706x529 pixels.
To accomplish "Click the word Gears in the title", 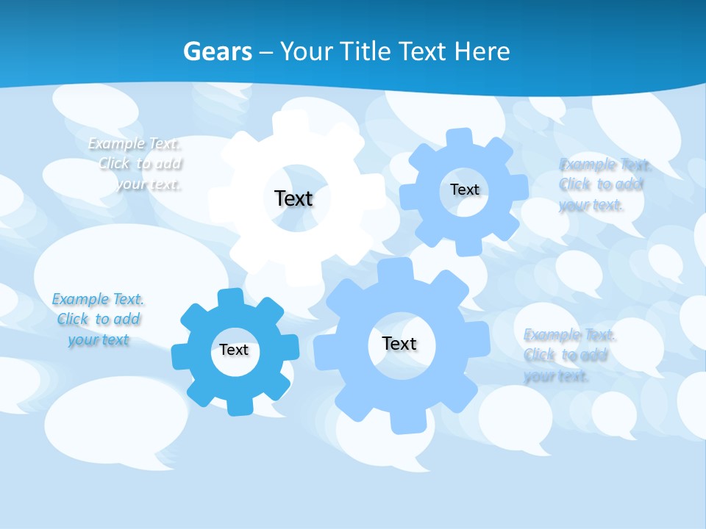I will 217,52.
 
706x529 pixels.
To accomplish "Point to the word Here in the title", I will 482,52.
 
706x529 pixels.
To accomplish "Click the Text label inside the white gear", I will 293,198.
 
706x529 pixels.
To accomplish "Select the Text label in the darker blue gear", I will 234,350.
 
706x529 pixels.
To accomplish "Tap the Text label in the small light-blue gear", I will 464,190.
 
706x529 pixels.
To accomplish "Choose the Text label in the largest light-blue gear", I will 399,343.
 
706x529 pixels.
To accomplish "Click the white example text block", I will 135,164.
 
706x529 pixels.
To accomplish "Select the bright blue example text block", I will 98,320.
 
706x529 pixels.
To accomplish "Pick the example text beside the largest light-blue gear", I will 568,356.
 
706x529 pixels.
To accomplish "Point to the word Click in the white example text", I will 115,163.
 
